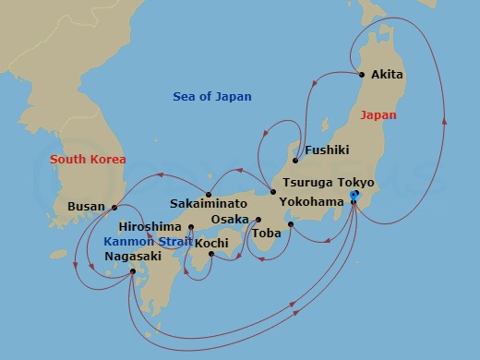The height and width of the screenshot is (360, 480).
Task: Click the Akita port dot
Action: click(362, 75)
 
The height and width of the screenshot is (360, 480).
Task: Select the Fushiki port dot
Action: click(295, 160)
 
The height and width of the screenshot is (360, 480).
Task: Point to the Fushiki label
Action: click(327, 149)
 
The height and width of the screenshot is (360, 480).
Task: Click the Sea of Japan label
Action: click(212, 97)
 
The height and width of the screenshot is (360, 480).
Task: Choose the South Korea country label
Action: click(88, 159)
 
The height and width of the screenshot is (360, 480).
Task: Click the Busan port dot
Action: click(114, 208)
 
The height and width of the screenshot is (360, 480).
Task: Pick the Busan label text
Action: click(87, 208)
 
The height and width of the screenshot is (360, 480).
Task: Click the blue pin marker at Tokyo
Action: click(354, 196)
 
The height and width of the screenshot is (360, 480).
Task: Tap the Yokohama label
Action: click(313, 201)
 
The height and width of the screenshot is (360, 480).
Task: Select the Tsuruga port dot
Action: click(272, 192)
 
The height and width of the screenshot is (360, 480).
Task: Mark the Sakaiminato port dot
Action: click(210, 196)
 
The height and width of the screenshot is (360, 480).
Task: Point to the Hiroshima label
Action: click(150, 226)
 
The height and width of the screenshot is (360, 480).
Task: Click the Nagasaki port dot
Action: click(135, 271)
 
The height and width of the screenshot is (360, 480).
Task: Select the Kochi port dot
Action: click(211, 254)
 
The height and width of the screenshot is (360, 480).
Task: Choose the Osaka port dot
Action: click(258, 220)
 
